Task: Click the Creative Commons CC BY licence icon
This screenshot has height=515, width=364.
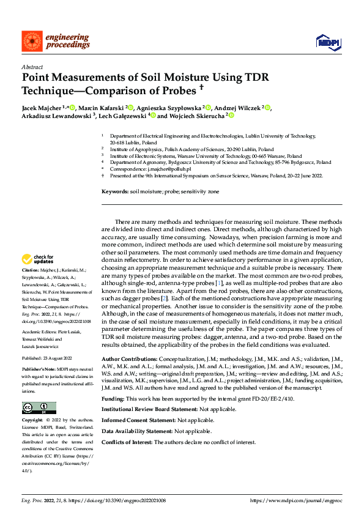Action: tap(39, 407)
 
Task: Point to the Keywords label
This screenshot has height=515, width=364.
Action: tap(115, 192)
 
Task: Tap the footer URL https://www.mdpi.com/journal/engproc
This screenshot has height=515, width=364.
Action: tap(296, 500)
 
